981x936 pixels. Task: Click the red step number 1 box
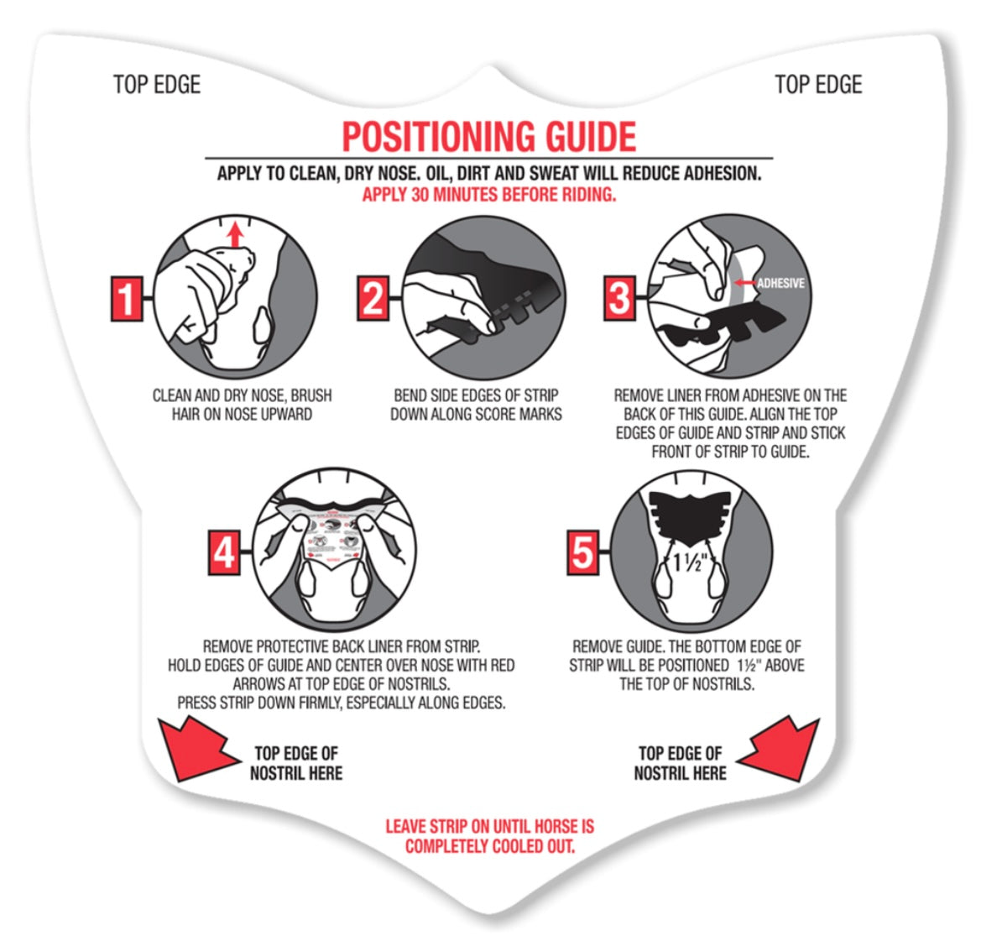coord(127,299)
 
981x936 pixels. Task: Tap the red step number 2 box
coord(373,298)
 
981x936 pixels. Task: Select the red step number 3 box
coord(619,298)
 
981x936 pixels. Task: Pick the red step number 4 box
coord(224,552)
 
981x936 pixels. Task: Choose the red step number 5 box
coord(582,552)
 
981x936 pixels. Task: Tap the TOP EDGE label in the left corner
coord(157,85)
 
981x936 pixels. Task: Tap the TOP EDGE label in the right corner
coord(818,85)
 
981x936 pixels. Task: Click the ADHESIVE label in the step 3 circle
coord(780,284)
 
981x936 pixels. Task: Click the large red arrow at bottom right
coord(780,750)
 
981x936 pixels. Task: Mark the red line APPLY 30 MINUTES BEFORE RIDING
coord(489,195)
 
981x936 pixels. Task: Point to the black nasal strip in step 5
coord(690,517)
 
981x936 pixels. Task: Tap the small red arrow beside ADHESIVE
coord(744,284)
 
